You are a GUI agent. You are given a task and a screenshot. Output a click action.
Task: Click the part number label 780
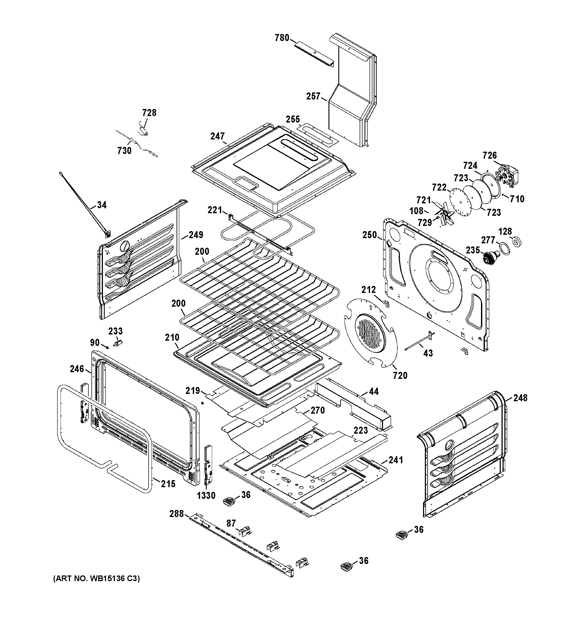[x=282, y=38]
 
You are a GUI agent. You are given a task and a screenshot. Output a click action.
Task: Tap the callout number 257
[x=313, y=97]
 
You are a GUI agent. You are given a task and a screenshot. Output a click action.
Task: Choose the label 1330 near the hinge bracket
[x=206, y=496]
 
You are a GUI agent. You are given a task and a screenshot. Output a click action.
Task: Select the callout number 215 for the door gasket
[x=168, y=484]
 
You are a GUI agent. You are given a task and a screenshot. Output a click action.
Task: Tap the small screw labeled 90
[x=107, y=347]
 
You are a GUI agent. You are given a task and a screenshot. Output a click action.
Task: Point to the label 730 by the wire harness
[x=124, y=151]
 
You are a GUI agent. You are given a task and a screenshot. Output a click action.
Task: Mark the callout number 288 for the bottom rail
[x=176, y=514]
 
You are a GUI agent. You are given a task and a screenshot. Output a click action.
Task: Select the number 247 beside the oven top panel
[x=217, y=136]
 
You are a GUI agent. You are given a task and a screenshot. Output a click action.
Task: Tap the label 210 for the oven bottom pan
[x=172, y=337]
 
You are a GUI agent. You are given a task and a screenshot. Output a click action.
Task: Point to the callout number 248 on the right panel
[x=520, y=398]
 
